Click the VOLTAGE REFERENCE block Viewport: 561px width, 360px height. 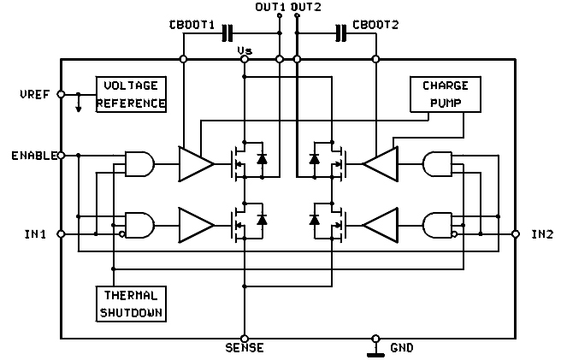pyautogui.click(x=131, y=95)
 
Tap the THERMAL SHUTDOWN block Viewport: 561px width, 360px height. pyautogui.click(x=130, y=303)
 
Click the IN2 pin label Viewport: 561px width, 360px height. pyautogui.click(x=542, y=233)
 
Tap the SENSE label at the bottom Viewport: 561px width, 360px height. pyautogui.click(x=244, y=348)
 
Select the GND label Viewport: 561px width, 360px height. pyautogui.click(x=402, y=349)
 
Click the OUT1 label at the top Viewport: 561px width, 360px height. pyautogui.click(x=271, y=8)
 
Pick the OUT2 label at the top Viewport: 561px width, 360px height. pyautogui.click(x=305, y=8)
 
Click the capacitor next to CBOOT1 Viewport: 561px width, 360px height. pyautogui.click(x=227, y=33)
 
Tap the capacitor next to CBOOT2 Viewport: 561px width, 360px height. pyautogui.click(x=341, y=33)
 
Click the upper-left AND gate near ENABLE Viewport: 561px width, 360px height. pyautogui.click(x=139, y=162)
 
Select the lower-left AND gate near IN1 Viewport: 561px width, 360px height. pyautogui.click(x=139, y=224)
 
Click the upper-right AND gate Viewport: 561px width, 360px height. pyautogui.click(x=437, y=162)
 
